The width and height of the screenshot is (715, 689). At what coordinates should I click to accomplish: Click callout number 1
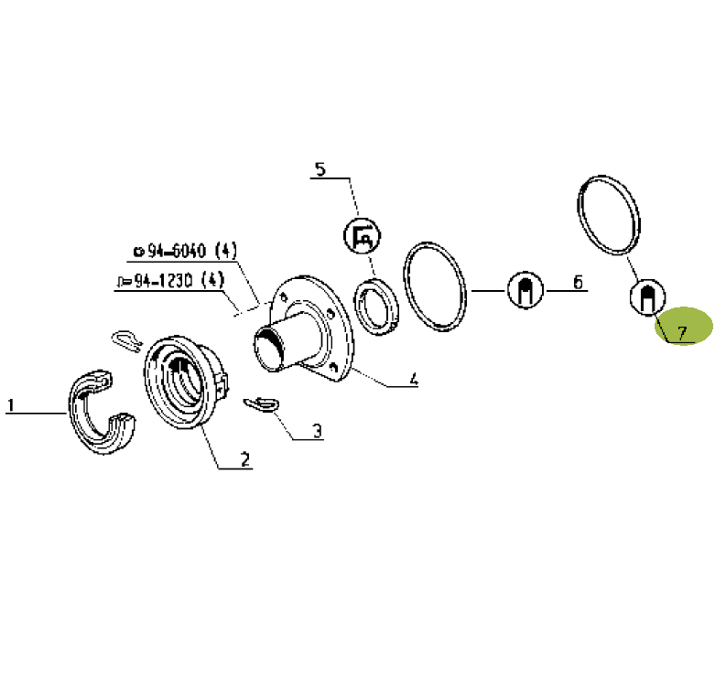tap(10, 405)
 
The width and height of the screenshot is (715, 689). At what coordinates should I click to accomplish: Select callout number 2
tap(245, 459)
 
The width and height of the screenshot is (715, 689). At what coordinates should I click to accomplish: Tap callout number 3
tap(318, 431)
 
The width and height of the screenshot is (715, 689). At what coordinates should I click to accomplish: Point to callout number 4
tap(413, 379)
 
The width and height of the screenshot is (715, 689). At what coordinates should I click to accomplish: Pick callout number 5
tap(320, 169)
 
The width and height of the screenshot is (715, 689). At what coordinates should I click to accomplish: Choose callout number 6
tap(578, 282)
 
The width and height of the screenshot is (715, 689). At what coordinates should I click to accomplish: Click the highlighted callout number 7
tap(682, 333)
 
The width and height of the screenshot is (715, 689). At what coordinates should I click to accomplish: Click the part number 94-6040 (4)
tap(186, 251)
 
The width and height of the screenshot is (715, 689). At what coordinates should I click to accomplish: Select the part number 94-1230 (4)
tap(171, 280)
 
